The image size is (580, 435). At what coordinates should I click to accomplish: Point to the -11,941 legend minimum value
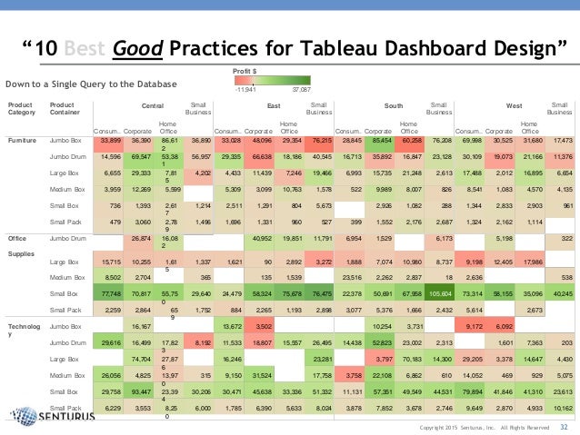(245, 90)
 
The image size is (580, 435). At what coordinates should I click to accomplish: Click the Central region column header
(153, 105)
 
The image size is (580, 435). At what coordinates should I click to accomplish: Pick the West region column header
(514, 105)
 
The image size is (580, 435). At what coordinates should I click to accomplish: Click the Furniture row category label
(23, 141)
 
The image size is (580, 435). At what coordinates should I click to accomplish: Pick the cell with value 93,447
(139, 391)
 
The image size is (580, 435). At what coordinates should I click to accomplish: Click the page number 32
(564, 426)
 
